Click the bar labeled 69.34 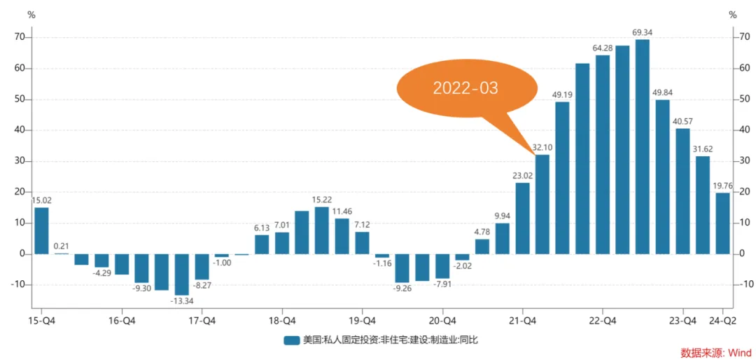pyautogui.click(x=642, y=146)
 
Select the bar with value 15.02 pyautogui.click(x=41, y=230)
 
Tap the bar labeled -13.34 pyautogui.click(x=181, y=274)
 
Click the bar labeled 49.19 pyautogui.click(x=562, y=178)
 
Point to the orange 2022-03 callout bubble pyautogui.click(x=465, y=88)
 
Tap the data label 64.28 pyautogui.click(x=603, y=48)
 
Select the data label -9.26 pyautogui.click(x=401, y=288)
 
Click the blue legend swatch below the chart pyautogui.click(x=291, y=340)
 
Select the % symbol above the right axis pyautogui.click(x=732, y=14)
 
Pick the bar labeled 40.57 pyautogui.click(x=682, y=191)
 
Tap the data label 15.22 pyautogui.click(x=322, y=200)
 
